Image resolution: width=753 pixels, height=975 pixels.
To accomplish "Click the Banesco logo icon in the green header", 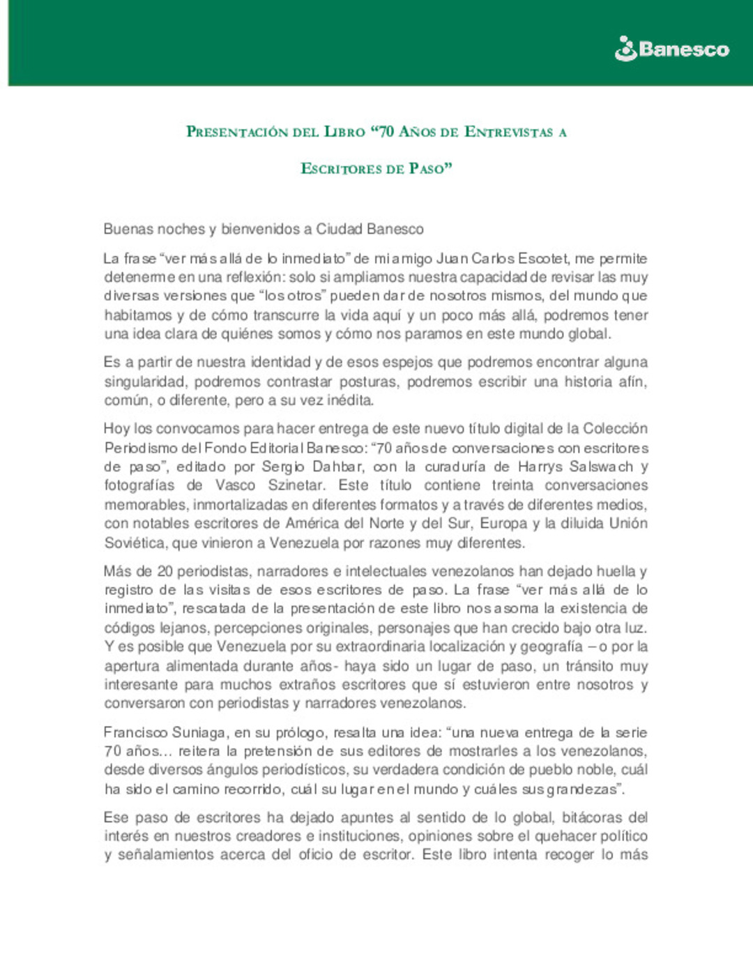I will (x=625, y=49).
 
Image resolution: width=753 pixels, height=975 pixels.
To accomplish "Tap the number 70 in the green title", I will (x=386, y=131).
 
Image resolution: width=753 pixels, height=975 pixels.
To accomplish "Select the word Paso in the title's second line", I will (x=427, y=169).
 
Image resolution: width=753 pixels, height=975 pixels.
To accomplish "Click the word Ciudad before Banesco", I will (x=339, y=229).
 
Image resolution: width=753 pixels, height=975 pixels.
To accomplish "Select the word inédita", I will (x=350, y=400).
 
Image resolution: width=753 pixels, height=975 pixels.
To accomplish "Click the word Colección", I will (x=615, y=428).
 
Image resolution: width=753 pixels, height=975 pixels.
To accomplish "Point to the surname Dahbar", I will (x=337, y=467).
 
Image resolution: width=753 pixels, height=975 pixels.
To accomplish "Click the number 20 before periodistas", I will (x=165, y=571).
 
